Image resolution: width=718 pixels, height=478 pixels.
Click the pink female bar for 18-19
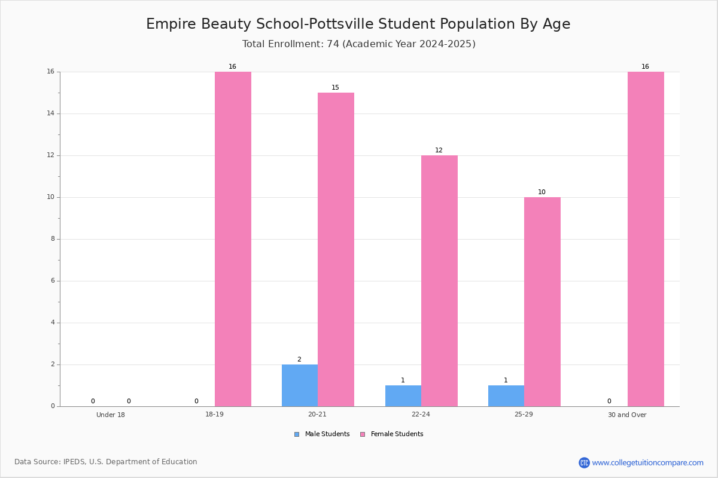click(x=233, y=239)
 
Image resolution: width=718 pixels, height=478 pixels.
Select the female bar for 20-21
click(x=336, y=250)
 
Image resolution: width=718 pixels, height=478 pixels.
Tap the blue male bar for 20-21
click(x=300, y=385)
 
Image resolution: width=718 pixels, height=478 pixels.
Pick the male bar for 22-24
click(x=403, y=396)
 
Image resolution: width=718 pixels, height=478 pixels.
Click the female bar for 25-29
click(x=542, y=302)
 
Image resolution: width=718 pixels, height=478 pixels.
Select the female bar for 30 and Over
click(x=646, y=239)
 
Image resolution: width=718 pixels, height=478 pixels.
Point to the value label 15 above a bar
click(x=335, y=87)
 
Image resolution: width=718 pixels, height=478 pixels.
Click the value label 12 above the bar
click(x=439, y=150)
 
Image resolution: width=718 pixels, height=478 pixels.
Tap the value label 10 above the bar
click(x=541, y=192)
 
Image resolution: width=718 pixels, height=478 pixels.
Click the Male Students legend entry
click(x=322, y=434)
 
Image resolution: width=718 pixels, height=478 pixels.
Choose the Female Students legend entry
click(x=392, y=434)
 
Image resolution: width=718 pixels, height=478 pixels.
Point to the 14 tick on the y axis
click(x=51, y=114)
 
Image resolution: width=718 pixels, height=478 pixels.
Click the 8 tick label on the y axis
click(x=53, y=239)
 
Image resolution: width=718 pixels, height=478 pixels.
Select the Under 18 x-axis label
click(x=111, y=415)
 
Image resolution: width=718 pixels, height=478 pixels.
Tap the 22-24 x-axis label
click(x=421, y=414)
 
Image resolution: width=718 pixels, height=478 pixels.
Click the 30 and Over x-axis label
click(x=627, y=415)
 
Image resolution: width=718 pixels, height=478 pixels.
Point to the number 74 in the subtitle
click(x=333, y=44)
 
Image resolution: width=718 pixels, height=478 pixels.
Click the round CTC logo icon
click(x=584, y=462)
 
